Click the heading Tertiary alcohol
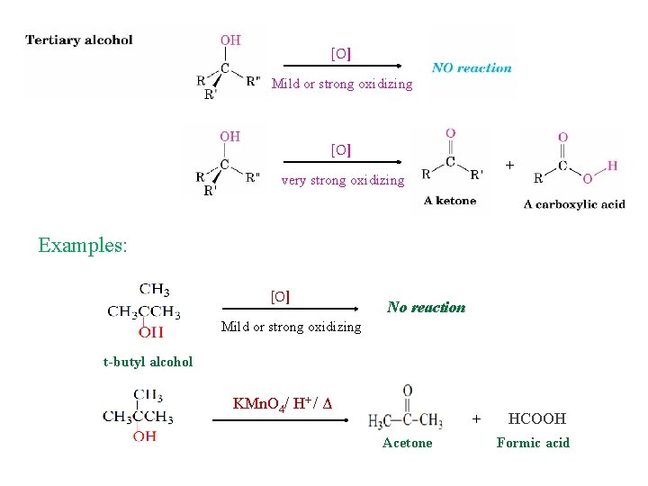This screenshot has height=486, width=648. click(79, 40)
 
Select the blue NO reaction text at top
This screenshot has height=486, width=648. click(472, 67)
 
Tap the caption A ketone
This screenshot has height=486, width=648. click(450, 201)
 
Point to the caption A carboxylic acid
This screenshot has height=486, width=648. click(574, 204)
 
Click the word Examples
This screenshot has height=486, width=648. click(83, 245)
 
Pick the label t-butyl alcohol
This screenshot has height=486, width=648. click(148, 362)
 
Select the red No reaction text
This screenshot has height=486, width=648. click(426, 307)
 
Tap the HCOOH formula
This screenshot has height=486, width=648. click(537, 418)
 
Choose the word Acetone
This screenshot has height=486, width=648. click(407, 443)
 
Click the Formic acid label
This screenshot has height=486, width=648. click(533, 443)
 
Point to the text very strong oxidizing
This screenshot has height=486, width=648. click(343, 180)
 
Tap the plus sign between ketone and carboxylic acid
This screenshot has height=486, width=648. click(509, 165)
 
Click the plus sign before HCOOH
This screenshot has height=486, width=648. click(477, 418)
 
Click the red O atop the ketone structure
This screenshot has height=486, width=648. click(450, 134)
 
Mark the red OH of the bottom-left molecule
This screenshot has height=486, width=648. click(144, 436)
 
